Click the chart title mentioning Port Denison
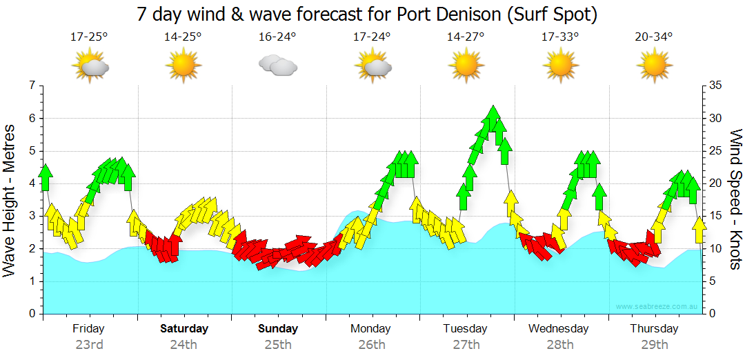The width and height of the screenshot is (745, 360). click(x=366, y=14)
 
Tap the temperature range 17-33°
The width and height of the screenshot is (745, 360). click(x=559, y=37)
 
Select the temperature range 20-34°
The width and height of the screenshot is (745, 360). click(x=654, y=37)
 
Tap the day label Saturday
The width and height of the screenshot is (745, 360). click(x=184, y=329)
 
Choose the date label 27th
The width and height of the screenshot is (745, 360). click(x=466, y=344)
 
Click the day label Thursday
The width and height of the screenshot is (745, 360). click(x=654, y=329)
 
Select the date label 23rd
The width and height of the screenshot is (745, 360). click(x=89, y=344)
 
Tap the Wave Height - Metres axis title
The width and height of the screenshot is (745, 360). click(x=10, y=200)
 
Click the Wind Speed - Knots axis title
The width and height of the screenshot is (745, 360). click(x=735, y=200)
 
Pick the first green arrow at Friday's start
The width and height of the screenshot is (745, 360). click(x=46, y=177)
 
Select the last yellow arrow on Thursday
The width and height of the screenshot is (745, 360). click(x=699, y=229)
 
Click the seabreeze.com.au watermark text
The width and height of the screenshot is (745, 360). click(x=657, y=306)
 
